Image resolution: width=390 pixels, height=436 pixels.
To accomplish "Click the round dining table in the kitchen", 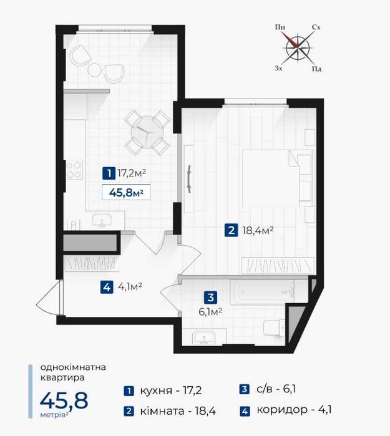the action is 147,132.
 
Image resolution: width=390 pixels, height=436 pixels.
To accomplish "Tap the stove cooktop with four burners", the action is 74,170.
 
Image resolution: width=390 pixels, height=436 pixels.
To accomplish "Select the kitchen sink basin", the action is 102,220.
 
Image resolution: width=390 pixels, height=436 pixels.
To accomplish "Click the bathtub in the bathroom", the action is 262,292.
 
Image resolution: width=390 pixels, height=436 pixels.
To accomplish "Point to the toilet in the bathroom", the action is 274,328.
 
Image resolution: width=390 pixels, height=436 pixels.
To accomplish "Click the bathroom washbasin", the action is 204,337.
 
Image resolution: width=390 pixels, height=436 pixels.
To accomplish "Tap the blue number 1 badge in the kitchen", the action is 109,173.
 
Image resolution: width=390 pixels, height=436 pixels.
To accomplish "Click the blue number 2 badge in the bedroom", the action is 231,231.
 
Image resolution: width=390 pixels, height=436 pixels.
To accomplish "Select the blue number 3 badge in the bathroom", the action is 210,298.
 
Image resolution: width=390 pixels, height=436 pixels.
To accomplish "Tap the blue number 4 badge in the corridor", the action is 107,288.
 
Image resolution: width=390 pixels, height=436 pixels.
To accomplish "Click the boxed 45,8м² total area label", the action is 126,192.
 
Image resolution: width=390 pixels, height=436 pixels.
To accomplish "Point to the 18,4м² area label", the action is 258,231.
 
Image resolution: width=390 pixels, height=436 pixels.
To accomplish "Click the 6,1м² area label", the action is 210,312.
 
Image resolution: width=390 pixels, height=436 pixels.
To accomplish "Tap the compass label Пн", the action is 280,27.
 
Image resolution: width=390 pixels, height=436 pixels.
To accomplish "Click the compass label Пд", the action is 316,69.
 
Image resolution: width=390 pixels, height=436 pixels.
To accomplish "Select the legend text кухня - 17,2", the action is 171,390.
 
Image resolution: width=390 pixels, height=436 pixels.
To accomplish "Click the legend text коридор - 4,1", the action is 294,410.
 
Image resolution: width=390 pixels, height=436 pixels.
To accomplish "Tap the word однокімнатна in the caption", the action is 73,367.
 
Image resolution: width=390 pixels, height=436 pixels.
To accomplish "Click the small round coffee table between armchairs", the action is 94,70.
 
